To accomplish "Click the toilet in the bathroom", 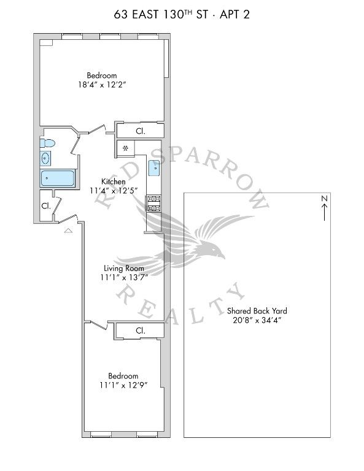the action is [x=47, y=143].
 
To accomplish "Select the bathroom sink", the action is [x=45, y=158].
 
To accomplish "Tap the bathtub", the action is [x=58, y=178].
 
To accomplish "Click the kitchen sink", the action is [x=154, y=168].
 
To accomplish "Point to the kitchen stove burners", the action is [x=153, y=204].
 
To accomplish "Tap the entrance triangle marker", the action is [x=69, y=231].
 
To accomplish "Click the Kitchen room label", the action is [x=114, y=182].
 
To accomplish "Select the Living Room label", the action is [x=124, y=268].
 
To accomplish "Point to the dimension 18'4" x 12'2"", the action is [x=102, y=85].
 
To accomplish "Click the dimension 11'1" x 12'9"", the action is [x=123, y=385].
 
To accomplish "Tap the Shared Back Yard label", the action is [x=257, y=311].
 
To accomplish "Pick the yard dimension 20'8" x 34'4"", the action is [x=257, y=320].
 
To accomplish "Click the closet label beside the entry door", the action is [x=45, y=206].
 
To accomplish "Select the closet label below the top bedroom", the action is [x=141, y=131].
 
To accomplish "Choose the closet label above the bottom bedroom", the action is [x=141, y=331].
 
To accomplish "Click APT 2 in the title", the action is [x=234, y=15].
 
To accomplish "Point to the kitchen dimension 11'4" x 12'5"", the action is [x=114, y=191].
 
